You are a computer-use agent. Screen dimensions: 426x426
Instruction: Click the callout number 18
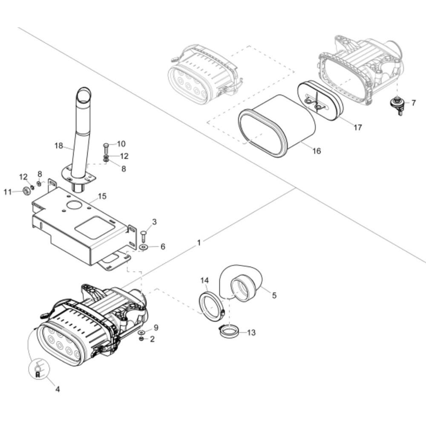59,146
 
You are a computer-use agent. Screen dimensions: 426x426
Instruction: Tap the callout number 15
102,196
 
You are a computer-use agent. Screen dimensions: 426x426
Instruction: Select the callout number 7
413,103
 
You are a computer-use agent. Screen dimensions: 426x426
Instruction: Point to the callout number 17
357,127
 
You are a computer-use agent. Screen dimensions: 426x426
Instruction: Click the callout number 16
317,151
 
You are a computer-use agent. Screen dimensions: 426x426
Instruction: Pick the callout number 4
58,389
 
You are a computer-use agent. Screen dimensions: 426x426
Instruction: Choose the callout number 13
252,333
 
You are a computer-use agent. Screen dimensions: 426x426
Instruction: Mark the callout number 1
199,243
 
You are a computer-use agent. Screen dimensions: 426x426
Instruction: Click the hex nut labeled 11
26,191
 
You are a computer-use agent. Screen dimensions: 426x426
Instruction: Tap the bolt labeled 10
106,148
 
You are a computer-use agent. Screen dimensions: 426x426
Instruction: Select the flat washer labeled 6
143,247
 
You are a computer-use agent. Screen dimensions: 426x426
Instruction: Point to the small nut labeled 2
141,339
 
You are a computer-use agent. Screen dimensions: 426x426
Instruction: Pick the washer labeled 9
141,332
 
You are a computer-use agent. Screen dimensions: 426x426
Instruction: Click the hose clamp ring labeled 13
229,332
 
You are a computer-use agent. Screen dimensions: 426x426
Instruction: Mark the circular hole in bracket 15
74,205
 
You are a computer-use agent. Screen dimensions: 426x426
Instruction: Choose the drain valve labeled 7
397,105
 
